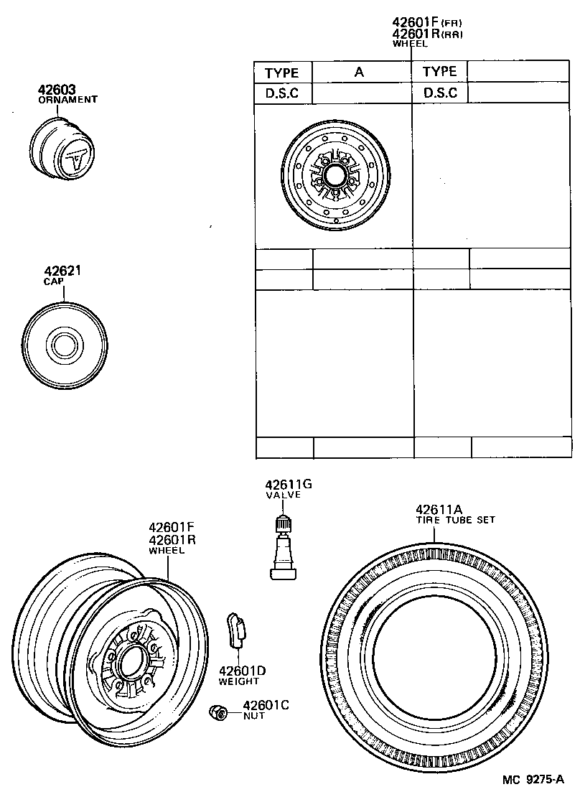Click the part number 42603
click(57, 90)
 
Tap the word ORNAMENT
click(67, 100)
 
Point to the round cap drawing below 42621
click(65, 342)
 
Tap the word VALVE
click(284, 495)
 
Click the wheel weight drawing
click(235, 630)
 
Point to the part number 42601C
click(265, 706)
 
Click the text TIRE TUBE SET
click(456, 520)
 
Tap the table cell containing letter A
click(360, 72)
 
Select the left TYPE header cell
click(282, 73)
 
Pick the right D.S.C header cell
click(440, 93)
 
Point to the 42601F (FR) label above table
click(426, 22)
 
